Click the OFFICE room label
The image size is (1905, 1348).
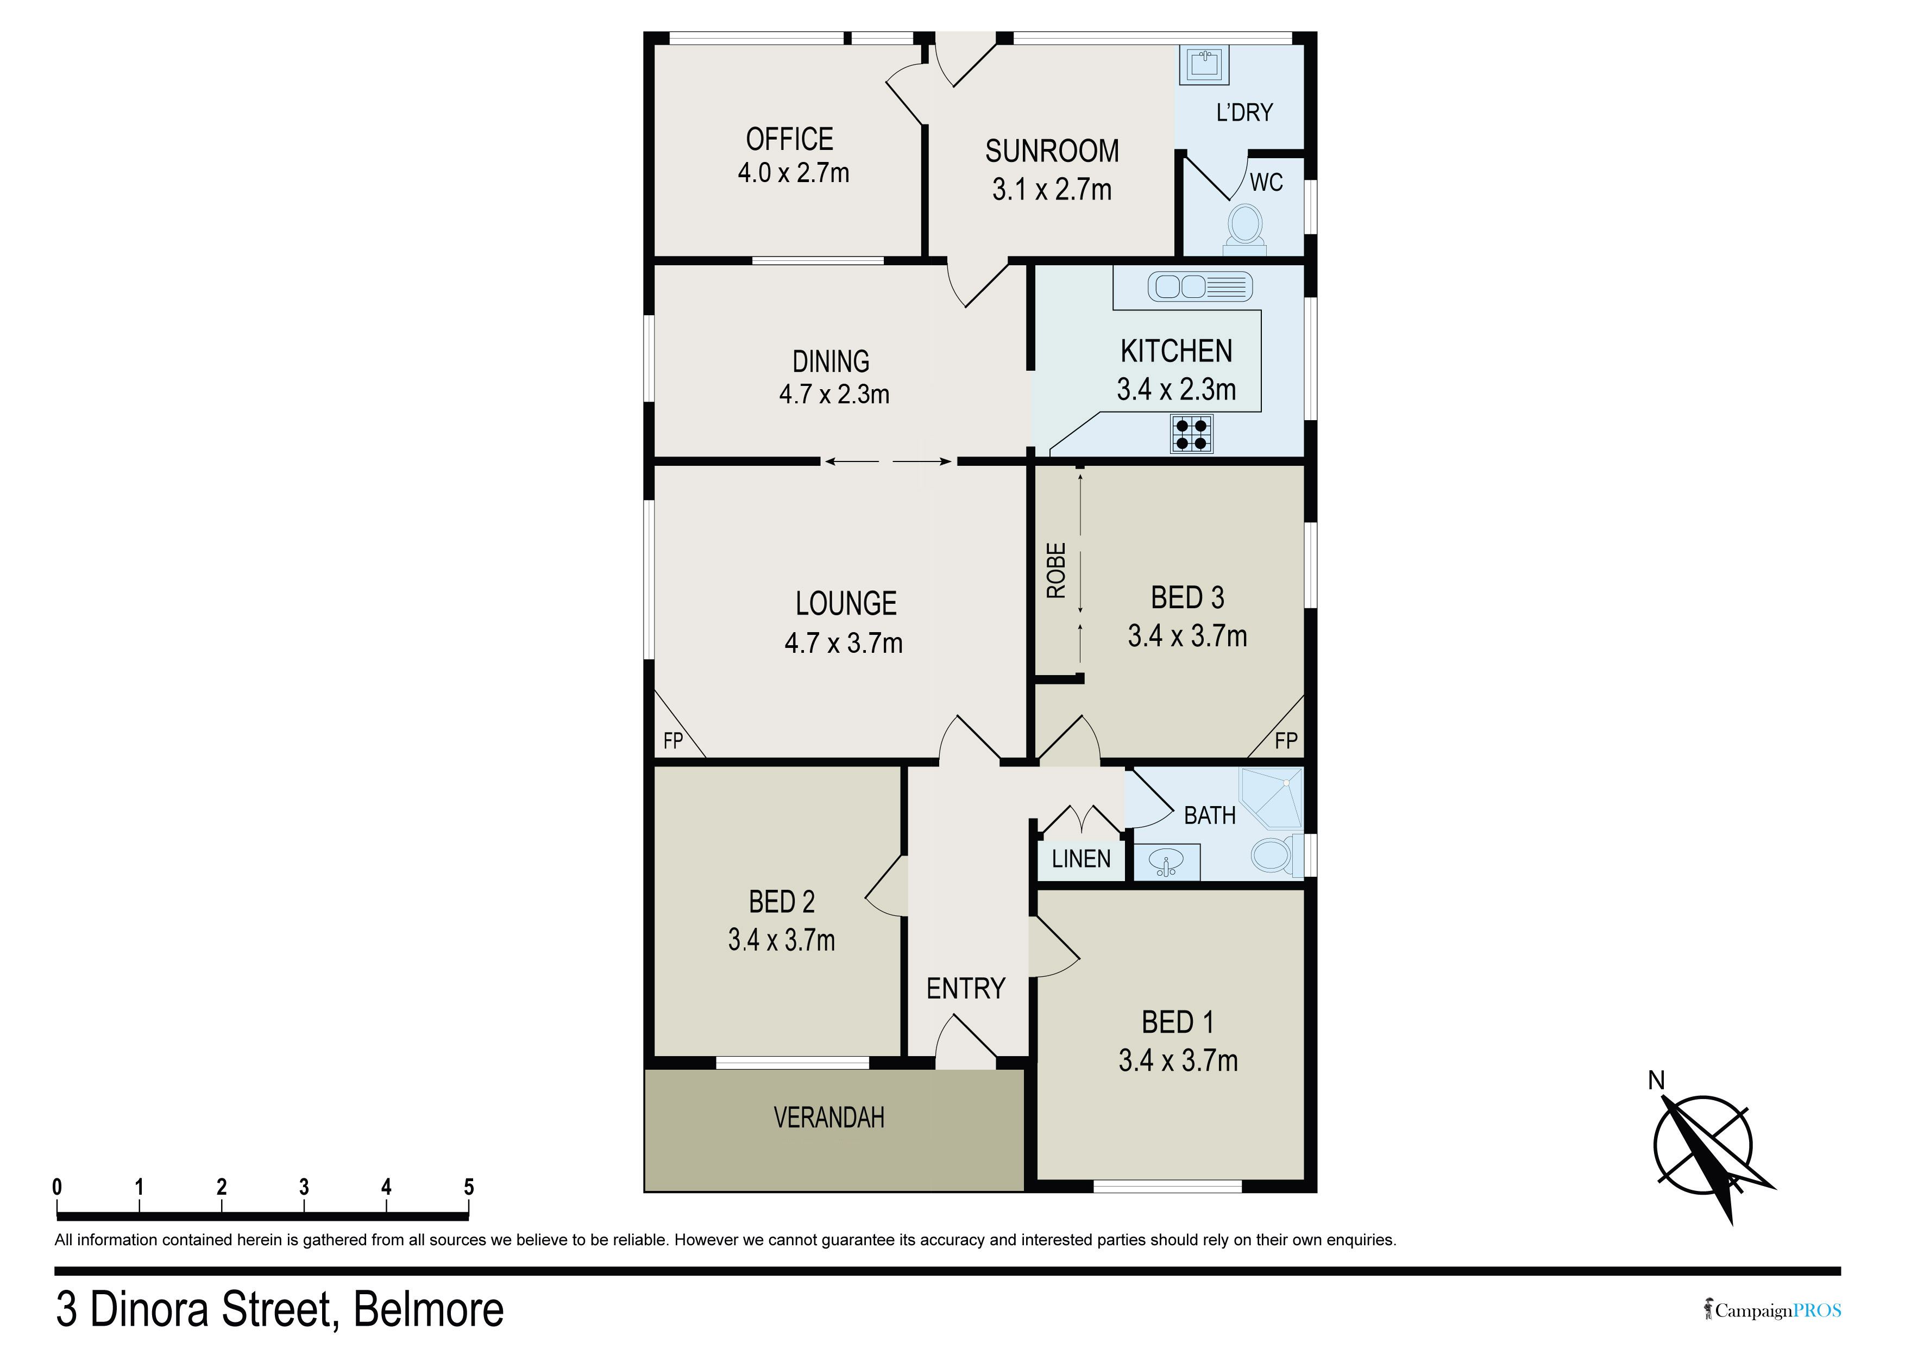[789, 139]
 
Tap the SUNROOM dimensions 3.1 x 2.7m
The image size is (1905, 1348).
[1051, 190]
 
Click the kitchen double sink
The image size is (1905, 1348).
[1200, 286]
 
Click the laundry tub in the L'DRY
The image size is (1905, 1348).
[1204, 64]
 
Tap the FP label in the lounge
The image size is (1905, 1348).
[673, 740]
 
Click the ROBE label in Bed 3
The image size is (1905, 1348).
[1055, 571]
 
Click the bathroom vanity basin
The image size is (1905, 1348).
[1167, 863]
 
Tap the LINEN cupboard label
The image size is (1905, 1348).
[1081, 859]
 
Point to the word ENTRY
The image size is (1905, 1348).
[966, 989]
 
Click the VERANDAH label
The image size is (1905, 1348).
[829, 1118]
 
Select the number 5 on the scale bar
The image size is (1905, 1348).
[469, 1187]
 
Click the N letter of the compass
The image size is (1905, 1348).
[1656, 1080]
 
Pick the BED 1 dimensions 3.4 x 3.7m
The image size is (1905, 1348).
[1178, 1061]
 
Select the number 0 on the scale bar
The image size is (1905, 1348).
[57, 1187]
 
